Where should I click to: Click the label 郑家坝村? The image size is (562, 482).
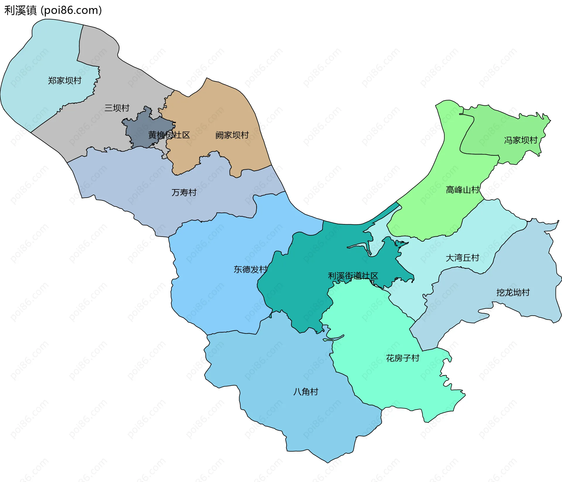pyautogui.click(x=64, y=81)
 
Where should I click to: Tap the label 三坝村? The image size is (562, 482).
pyautogui.click(x=117, y=108)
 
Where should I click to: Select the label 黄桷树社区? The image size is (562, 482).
pyautogui.click(x=169, y=135)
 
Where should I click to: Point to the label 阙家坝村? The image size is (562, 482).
pyautogui.click(x=232, y=135)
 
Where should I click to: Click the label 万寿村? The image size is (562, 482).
pyautogui.click(x=184, y=192)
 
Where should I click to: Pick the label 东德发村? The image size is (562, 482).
pyautogui.click(x=251, y=269)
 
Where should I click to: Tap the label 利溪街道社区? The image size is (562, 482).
pyautogui.click(x=353, y=276)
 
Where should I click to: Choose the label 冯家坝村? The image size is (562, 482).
pyautogui.click(x=521, y=140)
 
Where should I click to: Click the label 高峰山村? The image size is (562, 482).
pyautogui.click(x=462, y=190)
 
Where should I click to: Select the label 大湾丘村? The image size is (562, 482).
pyautogui.click(x=462, y=258)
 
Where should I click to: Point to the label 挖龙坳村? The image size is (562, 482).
pyautogui.click(x=513, y=292)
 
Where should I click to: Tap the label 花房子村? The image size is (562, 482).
pyautogui.click(x=402, y=358)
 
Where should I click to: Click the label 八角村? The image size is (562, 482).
pyautogui.click(x=306, y=392)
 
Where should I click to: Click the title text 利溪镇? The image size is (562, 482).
pyautogui.click(x=20, y=11)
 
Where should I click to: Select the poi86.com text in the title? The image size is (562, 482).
pyautogui.click(x=71, y=11)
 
